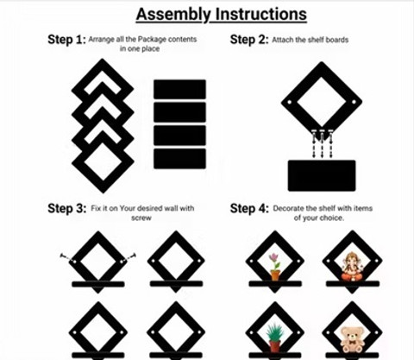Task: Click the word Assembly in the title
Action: click(173, 15)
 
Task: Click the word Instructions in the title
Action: click(261, 14)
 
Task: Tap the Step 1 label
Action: click(66, 40)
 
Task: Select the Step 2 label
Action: click(249, 40)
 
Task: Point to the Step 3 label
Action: click(66, 208)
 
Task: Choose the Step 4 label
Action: click(249, 208)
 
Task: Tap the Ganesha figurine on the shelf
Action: click(352, 267)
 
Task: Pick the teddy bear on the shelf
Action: click(352, 340)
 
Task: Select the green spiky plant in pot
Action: click(275, 338)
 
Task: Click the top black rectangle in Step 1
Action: click(179, 89)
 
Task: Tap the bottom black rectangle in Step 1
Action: click(179, 159)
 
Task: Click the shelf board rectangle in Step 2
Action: click(322, 175)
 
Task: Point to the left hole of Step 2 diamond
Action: click(290, 102)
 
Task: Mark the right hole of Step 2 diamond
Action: click(354, 102)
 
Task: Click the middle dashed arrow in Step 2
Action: click(322, 144)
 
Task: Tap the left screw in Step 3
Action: click(68, 258)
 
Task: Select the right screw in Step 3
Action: click(129, 258)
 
